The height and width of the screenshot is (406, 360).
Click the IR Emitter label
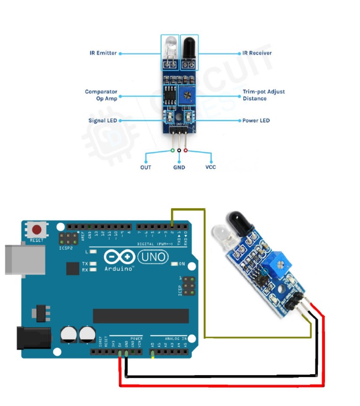tap(103, 53)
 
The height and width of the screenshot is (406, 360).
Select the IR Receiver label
tap(257, 53)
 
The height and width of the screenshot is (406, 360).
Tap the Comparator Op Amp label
tap(101, 95)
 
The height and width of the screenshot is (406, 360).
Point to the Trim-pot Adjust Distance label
tap(263, 95)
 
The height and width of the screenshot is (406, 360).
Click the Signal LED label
tap(103, 120)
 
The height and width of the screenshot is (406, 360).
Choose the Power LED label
tap(256, 120)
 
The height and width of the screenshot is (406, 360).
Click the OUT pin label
tap(146, 167)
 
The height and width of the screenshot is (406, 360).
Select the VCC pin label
tap(210, 167)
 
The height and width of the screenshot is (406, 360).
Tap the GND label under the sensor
tap(179, 167)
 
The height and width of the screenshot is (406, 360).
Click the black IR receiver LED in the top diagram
tap(188, 47)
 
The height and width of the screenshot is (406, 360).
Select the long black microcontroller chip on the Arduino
tap(141, 316)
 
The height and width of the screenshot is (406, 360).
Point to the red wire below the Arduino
tap(220, 386)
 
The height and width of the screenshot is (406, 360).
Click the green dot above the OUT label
tap(172, 150)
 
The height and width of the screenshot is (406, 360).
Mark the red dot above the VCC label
tap(186, 150)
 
